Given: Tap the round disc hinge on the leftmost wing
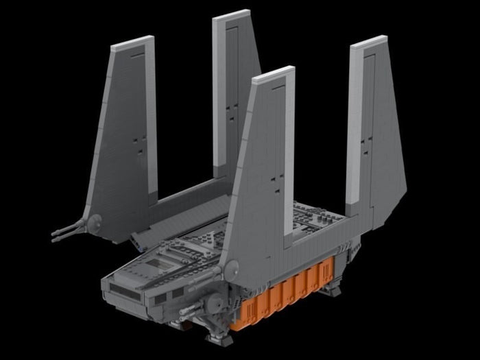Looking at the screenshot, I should [95, 221].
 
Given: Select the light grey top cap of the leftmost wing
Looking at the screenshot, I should [132, 43].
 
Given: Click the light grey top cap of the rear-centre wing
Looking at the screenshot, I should [231, 15].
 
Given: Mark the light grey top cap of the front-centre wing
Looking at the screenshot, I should [274, 73].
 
